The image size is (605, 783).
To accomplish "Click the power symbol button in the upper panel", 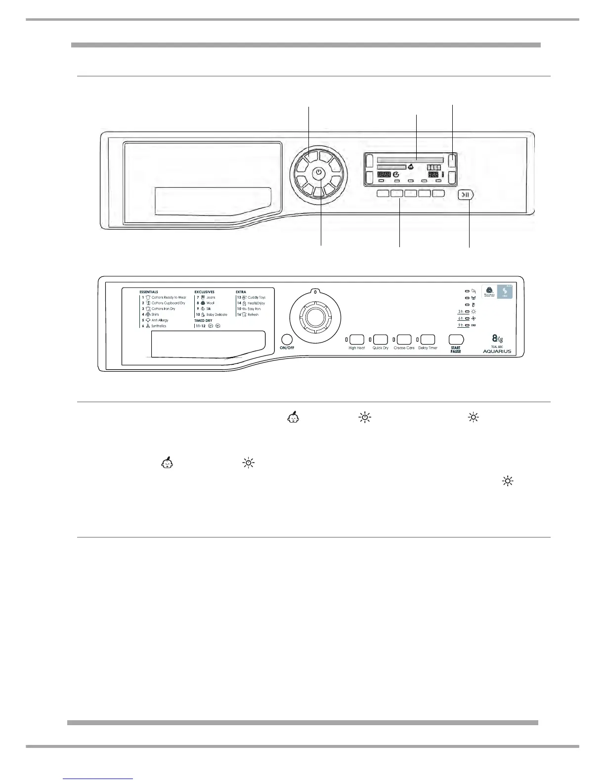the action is [319, 173].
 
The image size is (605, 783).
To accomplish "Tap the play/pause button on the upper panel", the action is [466, 194].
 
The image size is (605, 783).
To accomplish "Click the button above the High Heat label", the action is [356, 339].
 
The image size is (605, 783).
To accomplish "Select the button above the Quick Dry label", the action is [380, 339].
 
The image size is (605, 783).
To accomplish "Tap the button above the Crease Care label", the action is [404, 339].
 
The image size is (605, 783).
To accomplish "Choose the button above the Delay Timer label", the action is [428, 339].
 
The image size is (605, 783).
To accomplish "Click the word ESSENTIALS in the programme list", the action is [149, 292].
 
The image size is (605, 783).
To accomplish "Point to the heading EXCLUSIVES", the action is [205, 292].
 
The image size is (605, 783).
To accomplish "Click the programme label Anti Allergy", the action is [160, 320].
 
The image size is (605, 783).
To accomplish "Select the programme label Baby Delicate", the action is [216, 315].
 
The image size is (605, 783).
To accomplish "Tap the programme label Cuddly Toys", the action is [256, 298].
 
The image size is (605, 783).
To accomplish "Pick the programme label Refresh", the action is [253, 315].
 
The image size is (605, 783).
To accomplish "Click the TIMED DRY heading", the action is [203, 321].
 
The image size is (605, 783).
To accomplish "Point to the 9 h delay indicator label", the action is [460, 325].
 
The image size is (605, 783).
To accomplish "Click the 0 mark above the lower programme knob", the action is [315, 292].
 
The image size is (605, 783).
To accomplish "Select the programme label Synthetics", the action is [158, 326].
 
